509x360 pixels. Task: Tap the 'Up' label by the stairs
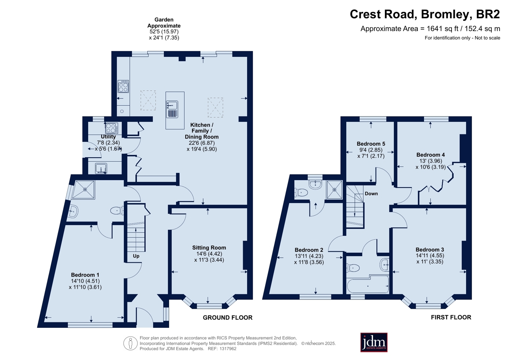pyautogui.click(x=136, y=256)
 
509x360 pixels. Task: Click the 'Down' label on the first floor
pyautogui.click(x=371, y=194)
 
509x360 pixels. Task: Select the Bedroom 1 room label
pyautogui.click(x=85, y=275)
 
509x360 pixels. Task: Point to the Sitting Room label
pyautogui.click(x=209, y=248)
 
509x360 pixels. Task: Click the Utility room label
pyautogui.click(x=108, y=137)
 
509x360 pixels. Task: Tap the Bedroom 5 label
pyautogui.click(x=371, y=144)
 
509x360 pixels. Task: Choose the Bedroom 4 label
pyautogui.click(x=431, y=155)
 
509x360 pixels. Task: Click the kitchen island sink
pyautogui.click(x=172, y=105)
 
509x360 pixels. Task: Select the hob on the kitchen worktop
pyautogui.click(x=123, y=86)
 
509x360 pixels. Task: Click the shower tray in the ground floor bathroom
pyautogui.click(x=83, y=190)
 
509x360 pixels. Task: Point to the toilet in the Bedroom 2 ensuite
pyautogui.click(x=301, y=193)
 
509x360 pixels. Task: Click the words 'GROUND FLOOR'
pyautogui.click(x=228, y=318)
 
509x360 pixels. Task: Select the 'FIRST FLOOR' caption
pyautogui.click(x=451, y=317)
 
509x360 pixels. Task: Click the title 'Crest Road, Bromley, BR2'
pyautogui.click(x=425, y=14)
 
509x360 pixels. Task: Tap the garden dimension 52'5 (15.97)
pyautogui.click(x=164, y=32)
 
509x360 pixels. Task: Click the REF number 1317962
pyautogui.click(x=228, y=349)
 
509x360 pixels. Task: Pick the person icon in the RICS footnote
pyautogui.click(x=131, y=343)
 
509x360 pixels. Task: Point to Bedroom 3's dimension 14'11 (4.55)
pyautogui.click(x=430, y=256)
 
